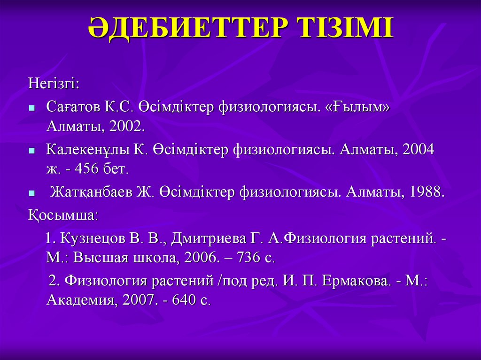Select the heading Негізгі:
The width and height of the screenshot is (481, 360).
coord(54,84)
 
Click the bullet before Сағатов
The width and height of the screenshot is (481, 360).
coord(31,107)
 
